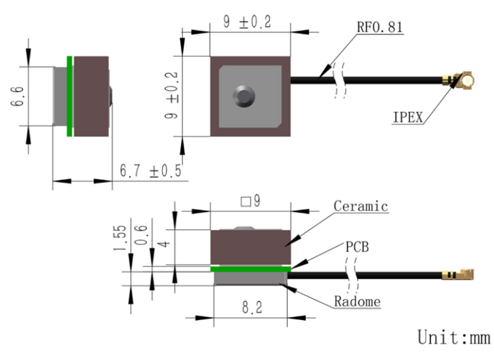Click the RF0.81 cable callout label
(x=380, y=27)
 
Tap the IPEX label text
(x=408, y=118)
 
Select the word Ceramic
(x=361, y=206)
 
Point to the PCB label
(x=357, y=247)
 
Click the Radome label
(x=357, y=301)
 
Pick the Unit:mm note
(x=453, y=337)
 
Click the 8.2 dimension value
(x=252, y=308)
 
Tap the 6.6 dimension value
(x=17, y=97)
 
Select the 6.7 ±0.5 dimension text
(x=150, y=171)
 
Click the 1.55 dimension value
(x=120, y=238)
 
